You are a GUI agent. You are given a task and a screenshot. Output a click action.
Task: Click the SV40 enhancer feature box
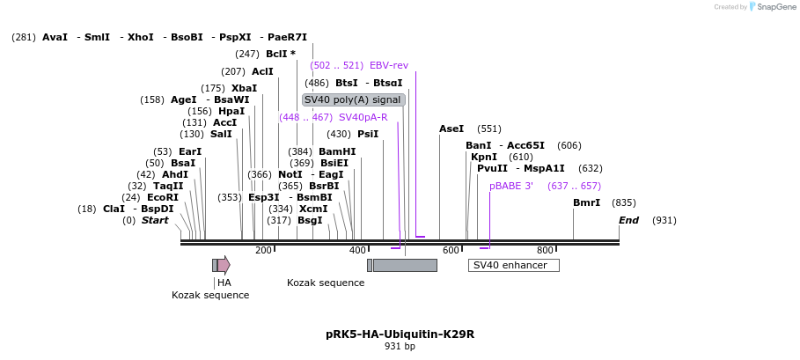pos(513,265)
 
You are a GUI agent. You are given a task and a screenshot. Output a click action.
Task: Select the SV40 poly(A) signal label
pos(353,99)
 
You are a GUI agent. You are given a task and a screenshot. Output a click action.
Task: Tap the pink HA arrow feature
pos(224,265)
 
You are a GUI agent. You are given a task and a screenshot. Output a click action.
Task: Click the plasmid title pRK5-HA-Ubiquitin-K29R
pos(400,334)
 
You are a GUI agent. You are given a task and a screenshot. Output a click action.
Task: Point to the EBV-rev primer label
pos(389,65)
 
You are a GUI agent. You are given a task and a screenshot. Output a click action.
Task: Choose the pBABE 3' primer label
pos(511,186)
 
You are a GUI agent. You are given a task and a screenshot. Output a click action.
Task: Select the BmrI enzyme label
pos(586,202)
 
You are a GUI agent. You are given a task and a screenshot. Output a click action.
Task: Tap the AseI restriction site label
pos(451,129)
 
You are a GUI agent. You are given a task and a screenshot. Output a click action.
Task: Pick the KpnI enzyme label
pos(484,157)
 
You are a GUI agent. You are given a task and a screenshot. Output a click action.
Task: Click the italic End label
pos(628,220)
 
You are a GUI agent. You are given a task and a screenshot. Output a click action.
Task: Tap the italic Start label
pos(155,220)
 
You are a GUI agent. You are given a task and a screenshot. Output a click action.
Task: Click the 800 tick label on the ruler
pos(545,251)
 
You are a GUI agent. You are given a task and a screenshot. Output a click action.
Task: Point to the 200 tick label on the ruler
pos(263,251)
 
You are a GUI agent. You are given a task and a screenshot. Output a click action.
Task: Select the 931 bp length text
pos(400,347)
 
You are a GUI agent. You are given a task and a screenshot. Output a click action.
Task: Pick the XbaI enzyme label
pos(244,88)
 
